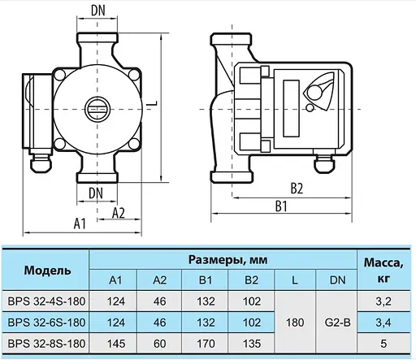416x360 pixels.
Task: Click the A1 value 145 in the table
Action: (x=115, y=343)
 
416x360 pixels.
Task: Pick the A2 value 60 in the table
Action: (x=160, y=343)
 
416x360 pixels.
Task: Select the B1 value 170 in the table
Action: (x=205, y=343)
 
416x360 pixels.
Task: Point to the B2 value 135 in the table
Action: (x=250, y=343)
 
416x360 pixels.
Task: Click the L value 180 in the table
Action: (x=295, y=323)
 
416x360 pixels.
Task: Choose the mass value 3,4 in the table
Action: (x=384, y=323)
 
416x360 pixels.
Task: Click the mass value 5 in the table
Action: (x=384, y=343)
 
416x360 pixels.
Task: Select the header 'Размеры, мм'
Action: (x=223, y=260)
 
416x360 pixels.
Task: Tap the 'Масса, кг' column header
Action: (x=384, y=270)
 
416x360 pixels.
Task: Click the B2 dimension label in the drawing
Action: (x=297, y=189)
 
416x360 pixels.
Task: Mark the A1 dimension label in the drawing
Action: (x=80, y=221)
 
